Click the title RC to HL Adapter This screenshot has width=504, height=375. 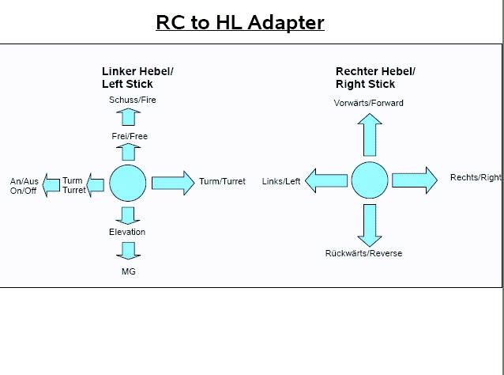click(240, 22)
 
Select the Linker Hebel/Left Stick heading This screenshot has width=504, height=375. click(137, 78)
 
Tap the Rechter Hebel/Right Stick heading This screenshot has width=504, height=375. click(375, 78)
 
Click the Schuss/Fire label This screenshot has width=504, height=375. click(133, 100)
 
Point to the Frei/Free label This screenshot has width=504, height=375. click(130, 136)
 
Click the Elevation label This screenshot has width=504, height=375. click(127, 232)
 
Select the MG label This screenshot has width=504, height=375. click(129, 271)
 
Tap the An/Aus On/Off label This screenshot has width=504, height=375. click(24, 186)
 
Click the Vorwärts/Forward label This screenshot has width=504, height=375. click(368, 103)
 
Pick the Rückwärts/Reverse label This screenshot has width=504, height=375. click(363, 253)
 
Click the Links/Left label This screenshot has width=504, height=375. click(281, 181)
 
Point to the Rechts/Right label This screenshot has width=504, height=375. click(476, 177)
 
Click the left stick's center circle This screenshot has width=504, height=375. click(128, 184)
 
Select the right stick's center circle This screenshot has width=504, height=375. click(370, 180)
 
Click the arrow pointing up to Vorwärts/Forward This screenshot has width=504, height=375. click(370, 134)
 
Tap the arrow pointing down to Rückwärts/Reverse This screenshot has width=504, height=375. click(370, 225)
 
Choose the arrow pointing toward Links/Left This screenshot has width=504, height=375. click(326, 180)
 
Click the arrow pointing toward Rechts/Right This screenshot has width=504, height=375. click(415, 180)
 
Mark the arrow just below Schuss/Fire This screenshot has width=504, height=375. click(128, 117)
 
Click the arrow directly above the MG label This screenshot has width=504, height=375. click(128, 251)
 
